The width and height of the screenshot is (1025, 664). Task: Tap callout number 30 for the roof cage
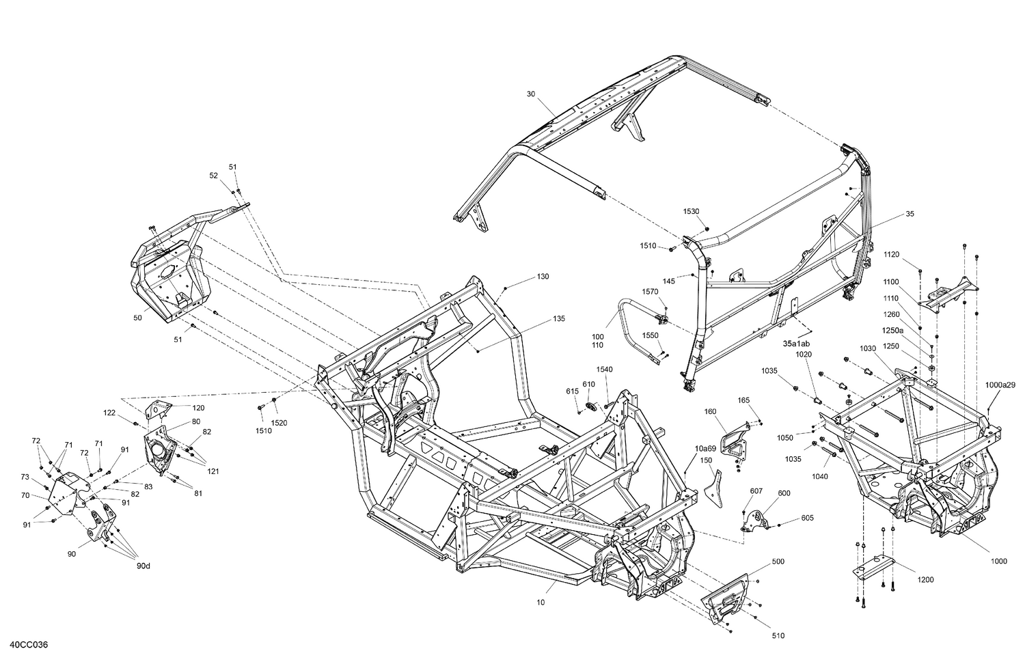(531, 94)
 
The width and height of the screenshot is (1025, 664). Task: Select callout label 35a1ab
(797, 343)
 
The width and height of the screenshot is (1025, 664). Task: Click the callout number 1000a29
(1000, 385)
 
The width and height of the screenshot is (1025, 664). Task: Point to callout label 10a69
(705, 448)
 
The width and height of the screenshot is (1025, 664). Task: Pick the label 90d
(142, 565)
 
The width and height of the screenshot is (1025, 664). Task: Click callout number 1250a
(891, 331)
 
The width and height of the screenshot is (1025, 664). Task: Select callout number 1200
(925, 580)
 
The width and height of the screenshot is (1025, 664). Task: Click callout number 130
(543, 277)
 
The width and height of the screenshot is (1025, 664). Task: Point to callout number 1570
(650, 292)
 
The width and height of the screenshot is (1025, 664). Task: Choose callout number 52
(214, 176)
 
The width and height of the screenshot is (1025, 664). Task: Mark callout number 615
(572, 391)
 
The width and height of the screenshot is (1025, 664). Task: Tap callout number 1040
(820, 477)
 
